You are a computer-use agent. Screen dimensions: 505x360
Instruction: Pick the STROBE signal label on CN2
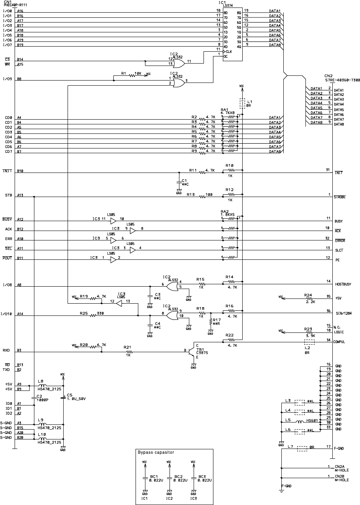pyautogui.click(x=340, y=197)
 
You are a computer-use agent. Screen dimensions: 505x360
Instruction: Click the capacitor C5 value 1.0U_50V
pyautogui.click(x=76, y=399)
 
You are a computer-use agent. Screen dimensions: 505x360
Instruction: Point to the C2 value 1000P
pyautogui.click(x=42, y=399)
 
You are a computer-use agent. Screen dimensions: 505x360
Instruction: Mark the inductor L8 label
pyautogui.click(x=40, y=381)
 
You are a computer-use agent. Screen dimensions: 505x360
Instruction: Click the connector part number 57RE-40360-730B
pyautogui.click(x=342, y=80)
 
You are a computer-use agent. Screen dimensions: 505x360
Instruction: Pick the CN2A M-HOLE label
pyautogui.click(x=341, y=468)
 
